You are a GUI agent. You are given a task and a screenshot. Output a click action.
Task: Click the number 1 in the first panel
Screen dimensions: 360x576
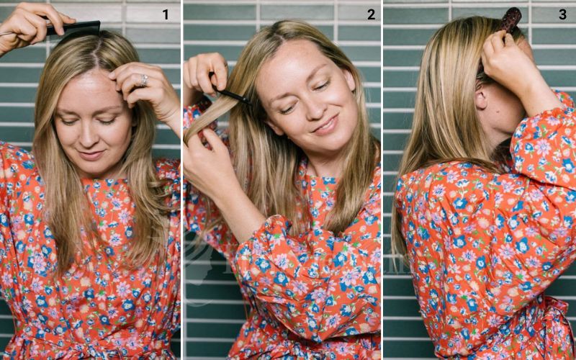166,14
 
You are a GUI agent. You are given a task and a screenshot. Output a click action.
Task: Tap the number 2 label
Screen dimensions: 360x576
371,14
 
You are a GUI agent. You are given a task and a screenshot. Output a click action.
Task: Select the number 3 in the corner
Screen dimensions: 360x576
562,14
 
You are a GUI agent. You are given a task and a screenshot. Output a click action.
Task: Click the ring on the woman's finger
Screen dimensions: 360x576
144,81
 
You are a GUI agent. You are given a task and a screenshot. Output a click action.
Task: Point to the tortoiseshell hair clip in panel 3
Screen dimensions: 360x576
512,19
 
